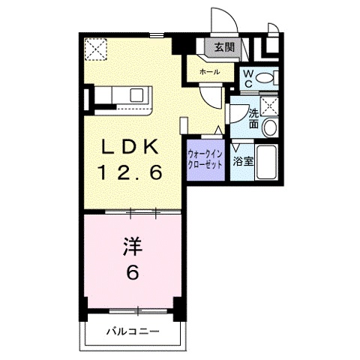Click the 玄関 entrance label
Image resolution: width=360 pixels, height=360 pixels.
(224, 46)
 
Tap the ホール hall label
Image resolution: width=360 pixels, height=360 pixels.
(210, 72)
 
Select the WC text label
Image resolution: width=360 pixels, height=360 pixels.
(248, 79)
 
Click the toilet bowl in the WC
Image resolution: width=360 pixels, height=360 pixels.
(265, 78)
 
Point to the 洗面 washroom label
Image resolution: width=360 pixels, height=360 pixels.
(253, 119)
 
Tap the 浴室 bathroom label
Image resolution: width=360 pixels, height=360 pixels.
(243, 162)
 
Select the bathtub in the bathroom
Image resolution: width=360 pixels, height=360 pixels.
(266, 162)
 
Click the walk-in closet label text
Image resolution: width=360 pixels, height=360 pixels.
(205, 159)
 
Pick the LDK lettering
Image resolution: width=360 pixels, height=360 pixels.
(129, 146)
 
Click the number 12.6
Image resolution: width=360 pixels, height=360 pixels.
(130, 172)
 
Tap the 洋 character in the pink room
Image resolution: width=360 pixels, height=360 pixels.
(133, 247)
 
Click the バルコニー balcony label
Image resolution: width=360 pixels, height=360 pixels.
(133, 331)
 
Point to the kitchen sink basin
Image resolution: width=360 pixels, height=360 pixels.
(136, 95)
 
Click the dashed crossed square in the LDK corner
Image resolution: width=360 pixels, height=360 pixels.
(95, 49)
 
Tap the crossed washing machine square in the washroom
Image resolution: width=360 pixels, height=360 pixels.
(269, 106)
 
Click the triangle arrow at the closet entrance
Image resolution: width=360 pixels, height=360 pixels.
(218, 130)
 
